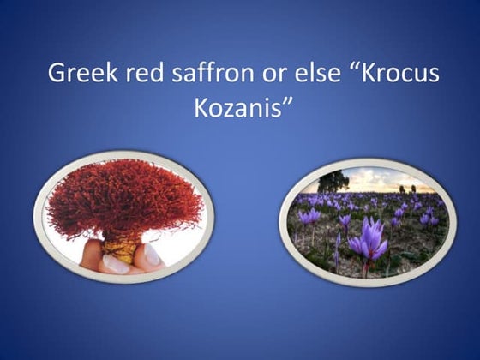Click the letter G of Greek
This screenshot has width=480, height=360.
click(x=57, y=75)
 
